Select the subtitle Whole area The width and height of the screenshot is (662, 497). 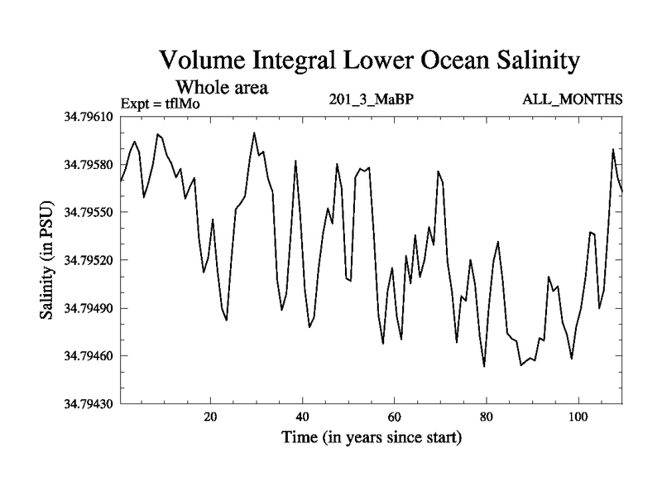coord(222,87)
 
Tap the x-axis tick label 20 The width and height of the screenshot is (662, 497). coord(211,417)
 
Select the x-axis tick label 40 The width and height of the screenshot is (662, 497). coord(303,417)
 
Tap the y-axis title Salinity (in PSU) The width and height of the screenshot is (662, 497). coord(46,261)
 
